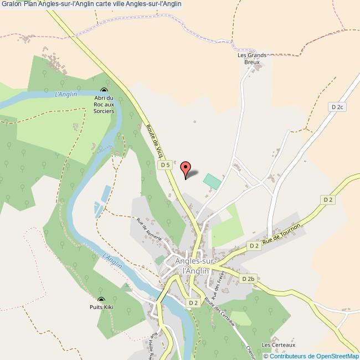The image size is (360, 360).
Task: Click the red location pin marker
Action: click(186, 167)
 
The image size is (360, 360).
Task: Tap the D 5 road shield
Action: click(164, 165)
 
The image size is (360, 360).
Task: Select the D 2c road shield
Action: click(336, 107)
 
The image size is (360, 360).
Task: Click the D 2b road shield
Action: click(248, 279)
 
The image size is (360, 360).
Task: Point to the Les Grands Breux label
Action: click(252, 58)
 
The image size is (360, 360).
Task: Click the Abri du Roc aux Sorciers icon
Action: click(104, 91)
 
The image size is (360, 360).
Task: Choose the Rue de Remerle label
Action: click(149, 229)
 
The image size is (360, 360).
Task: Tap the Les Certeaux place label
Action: click(279, 345)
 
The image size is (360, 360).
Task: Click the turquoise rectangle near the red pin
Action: click(212, 181)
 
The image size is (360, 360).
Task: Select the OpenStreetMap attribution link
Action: click(311, 356)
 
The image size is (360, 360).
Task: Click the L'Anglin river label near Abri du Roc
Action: click(66, 94)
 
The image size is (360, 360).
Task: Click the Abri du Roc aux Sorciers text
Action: click(104, 105)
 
